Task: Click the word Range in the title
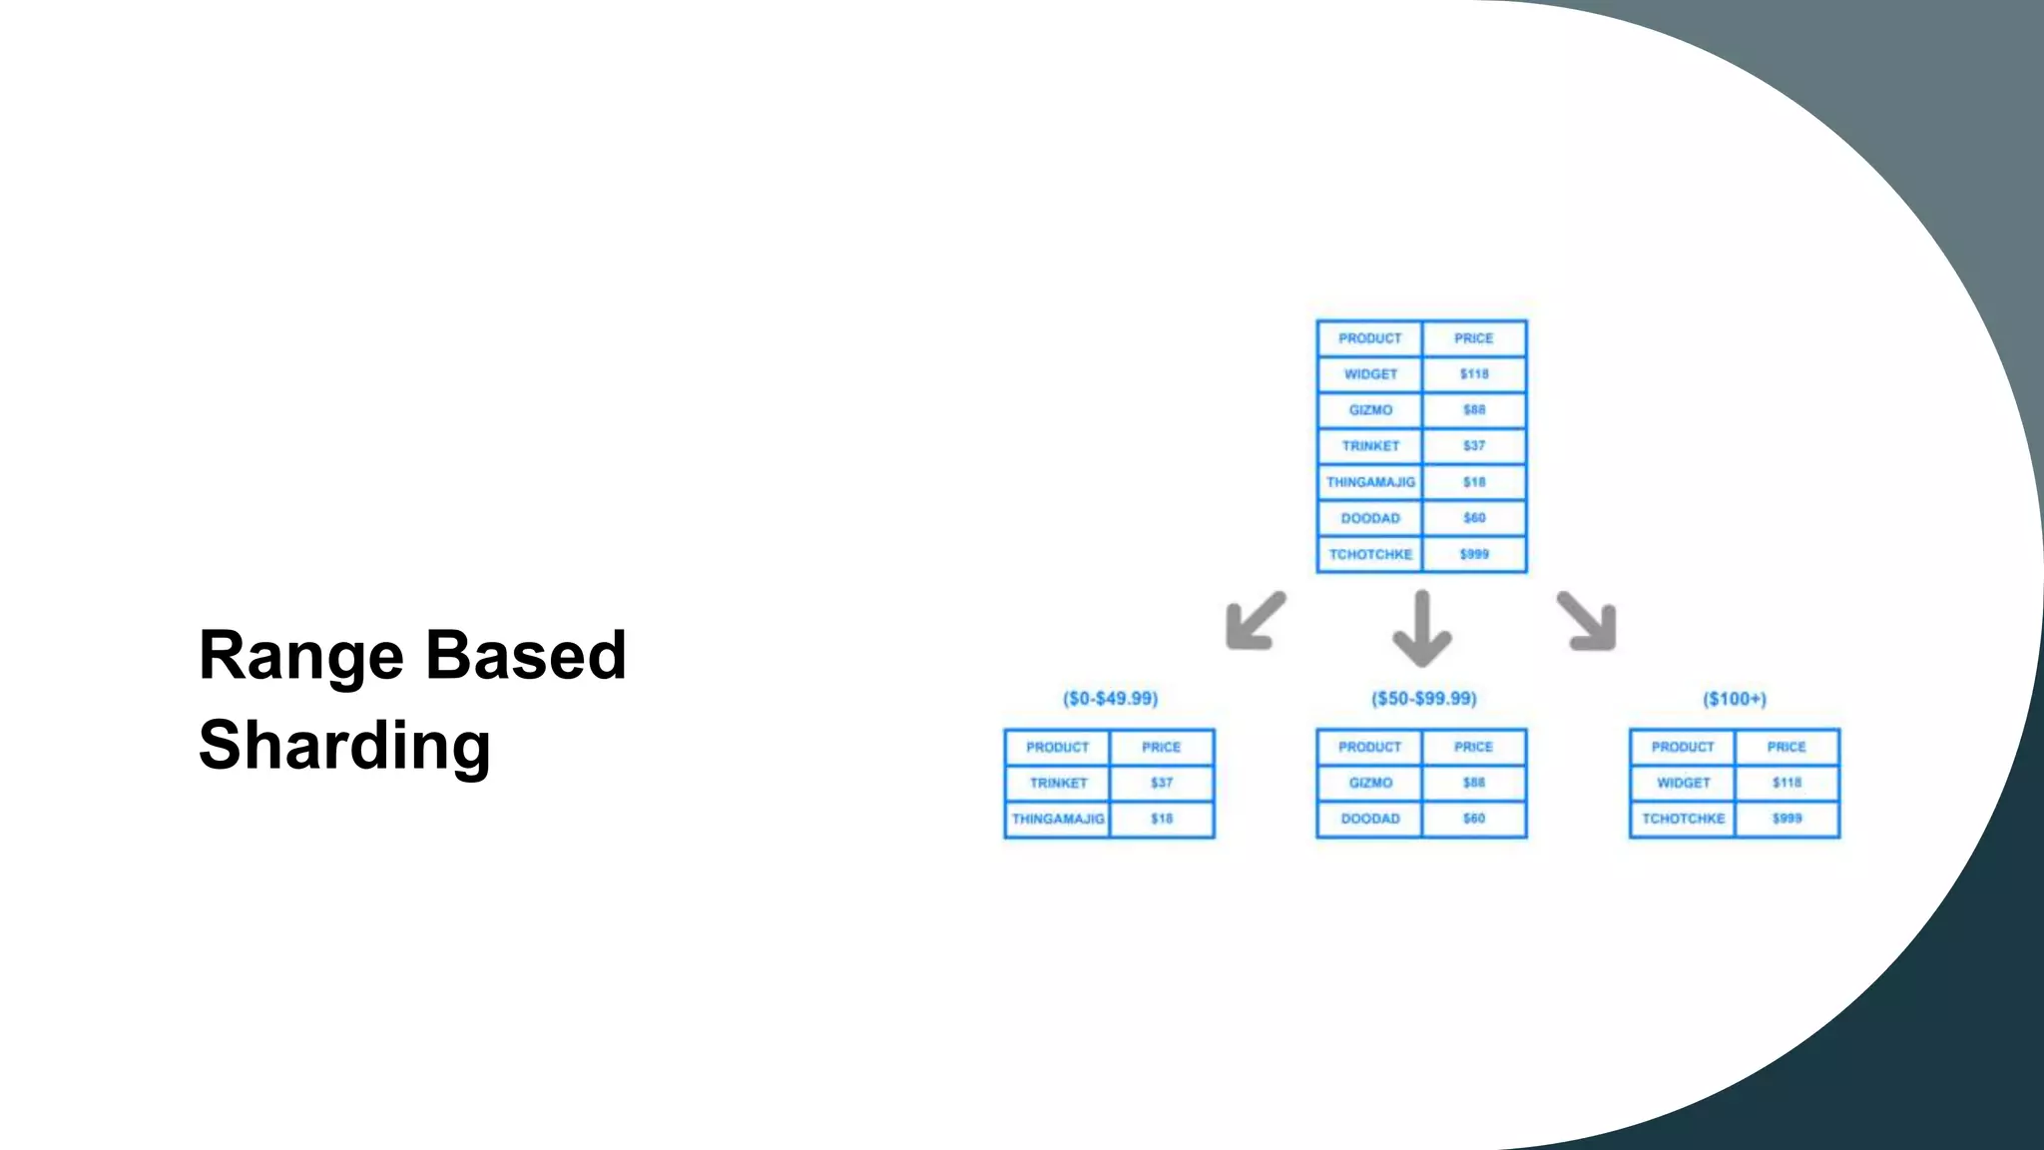(x=300, y=656)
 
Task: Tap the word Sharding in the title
(x=344, y=746)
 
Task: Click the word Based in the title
(x=526, y=656)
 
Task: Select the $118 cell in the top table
(x=1474, y=374)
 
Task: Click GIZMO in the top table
(x=1370, y=410)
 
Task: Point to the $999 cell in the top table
(x=1474, y=554)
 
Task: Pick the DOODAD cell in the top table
(x=1370, y=518)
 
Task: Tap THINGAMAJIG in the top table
(x=1370, y=482)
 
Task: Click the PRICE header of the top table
(x=1474, y=338)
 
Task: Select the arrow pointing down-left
(x=1255, y=621)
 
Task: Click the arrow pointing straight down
(x=1422, y=629)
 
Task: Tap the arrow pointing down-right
(x=1587, y=621)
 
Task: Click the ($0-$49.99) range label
(x=1110, y=699)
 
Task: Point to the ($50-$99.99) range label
(x=1423, y=699)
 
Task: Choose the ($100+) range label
(x=1735, y=699)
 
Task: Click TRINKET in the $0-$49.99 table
(x=1058, y=783)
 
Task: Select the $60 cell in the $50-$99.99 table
(x=1474, y=819)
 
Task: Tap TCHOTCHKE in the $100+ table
(x=1683, y=819)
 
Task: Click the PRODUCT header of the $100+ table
(x=1683, y=747)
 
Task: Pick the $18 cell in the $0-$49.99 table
(x=1162, y=819)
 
